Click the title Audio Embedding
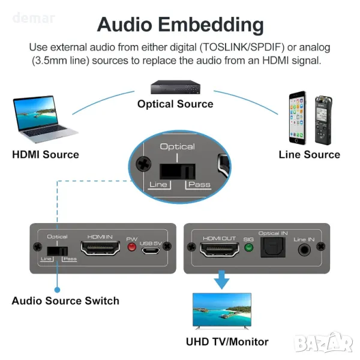pos(180,25)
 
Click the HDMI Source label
pos(46,155)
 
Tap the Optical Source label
pos(175,104)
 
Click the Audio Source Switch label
pos(65,301)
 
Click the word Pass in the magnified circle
pos(199,184)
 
